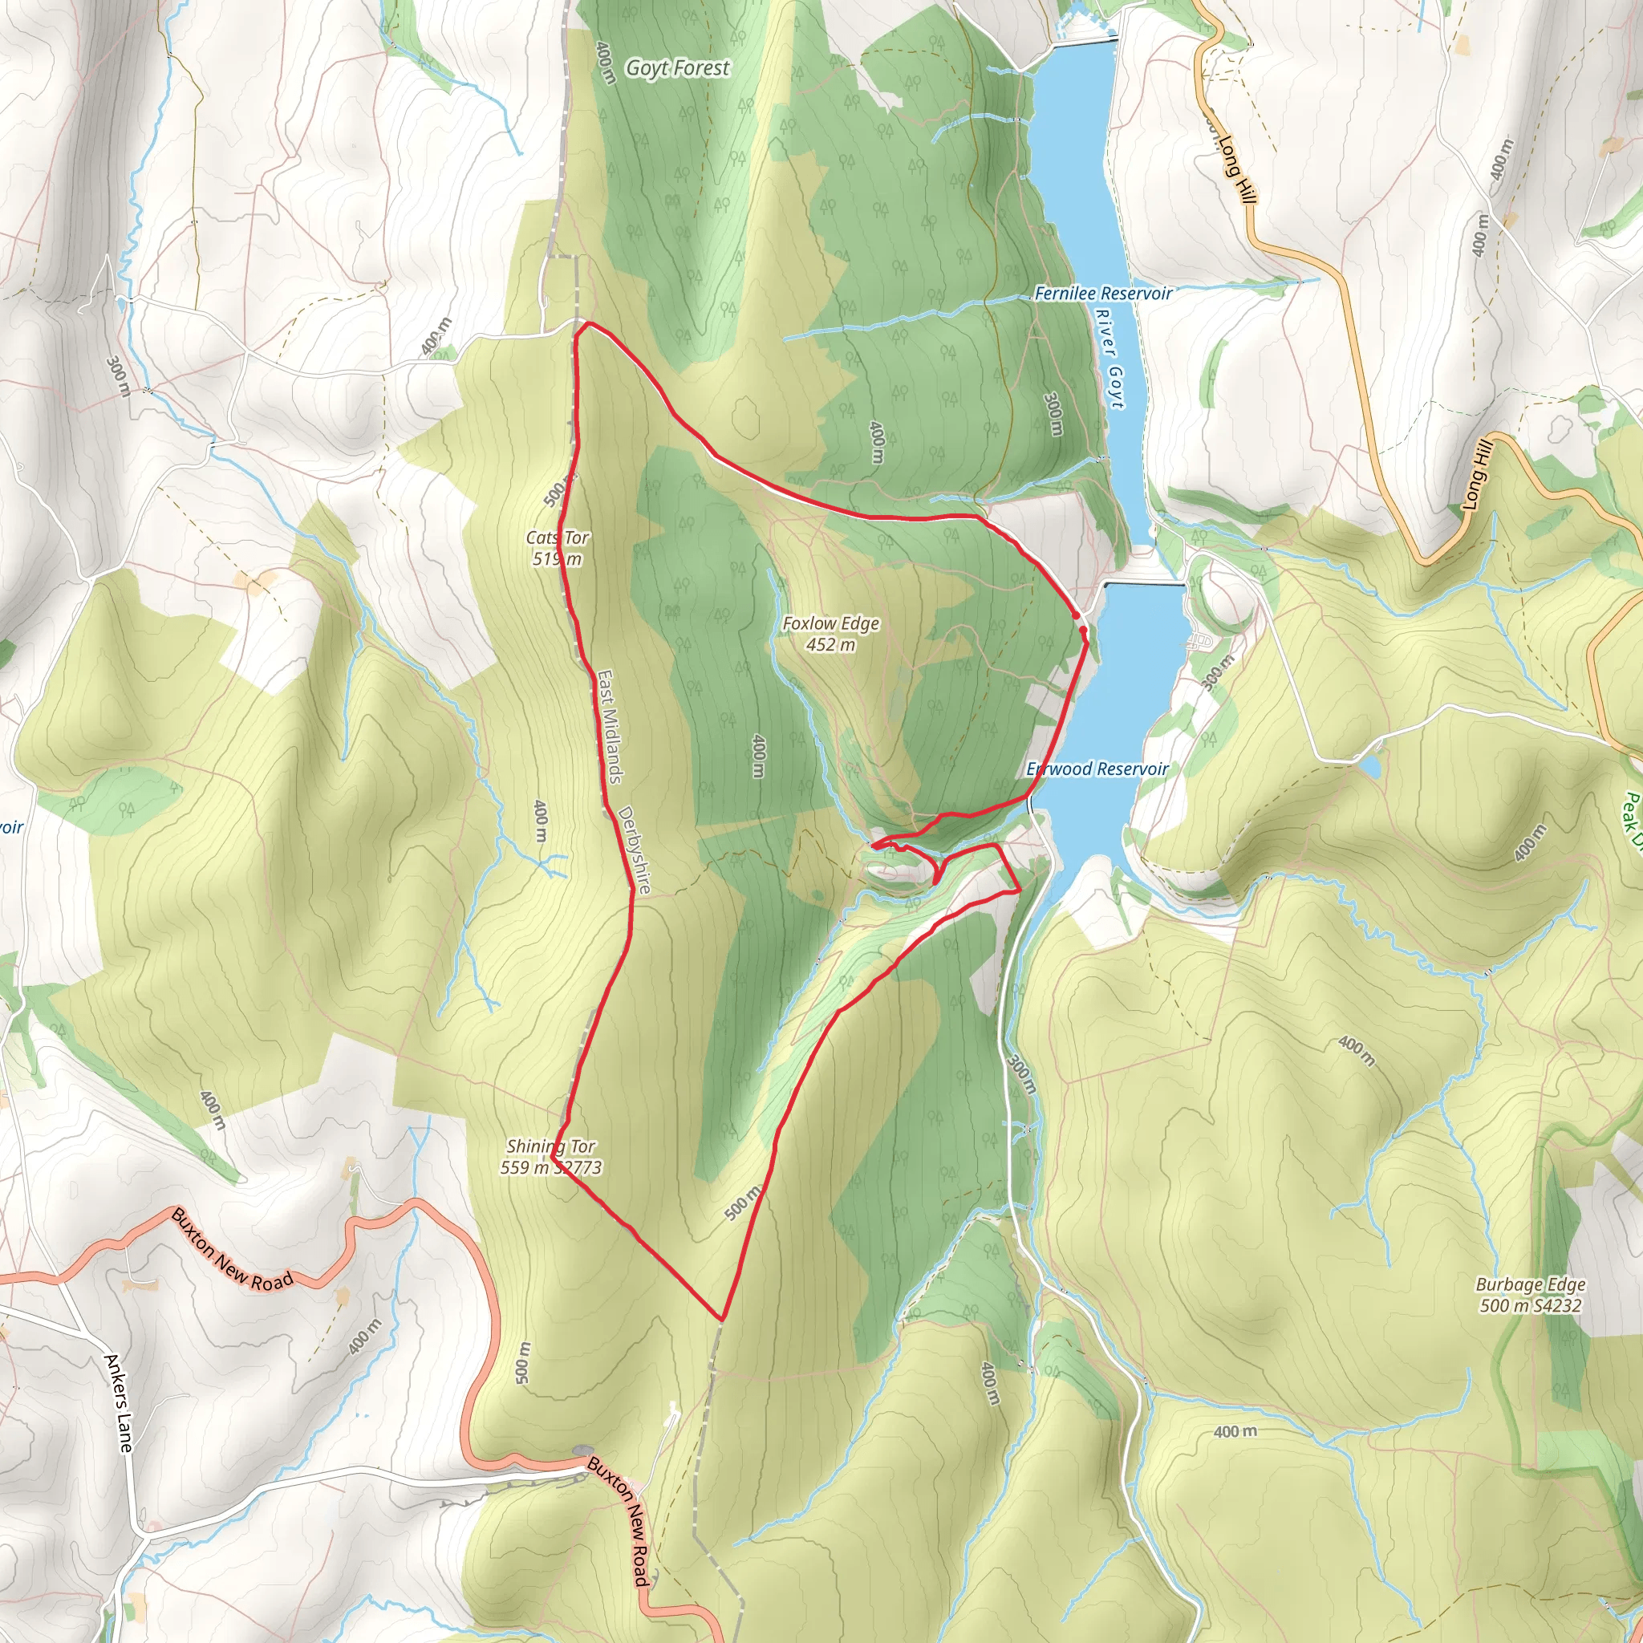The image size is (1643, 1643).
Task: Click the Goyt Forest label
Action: pos(678,68)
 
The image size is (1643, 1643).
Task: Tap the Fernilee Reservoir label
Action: pos(1103,294)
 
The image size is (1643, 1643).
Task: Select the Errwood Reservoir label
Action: pos(1097,769)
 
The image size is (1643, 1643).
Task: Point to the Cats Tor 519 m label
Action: pos(557,548)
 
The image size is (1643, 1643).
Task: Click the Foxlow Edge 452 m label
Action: pos(831,634)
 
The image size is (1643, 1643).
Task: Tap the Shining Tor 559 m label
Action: pos(551,1157)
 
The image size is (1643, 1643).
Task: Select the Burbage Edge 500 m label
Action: pos(1530,1294)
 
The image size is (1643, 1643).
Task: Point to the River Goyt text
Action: pos(1110,358)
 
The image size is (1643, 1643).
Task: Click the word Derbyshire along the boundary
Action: pos(635,850)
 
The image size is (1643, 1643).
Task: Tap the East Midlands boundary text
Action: pos(609,726)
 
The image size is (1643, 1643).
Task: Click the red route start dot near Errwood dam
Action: pos(1076,615)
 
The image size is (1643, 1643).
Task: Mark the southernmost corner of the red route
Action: pos(722,1319)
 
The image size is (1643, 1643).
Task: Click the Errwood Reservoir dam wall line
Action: pos(1144,584)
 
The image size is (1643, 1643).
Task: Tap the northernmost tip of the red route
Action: pos(586,323)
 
